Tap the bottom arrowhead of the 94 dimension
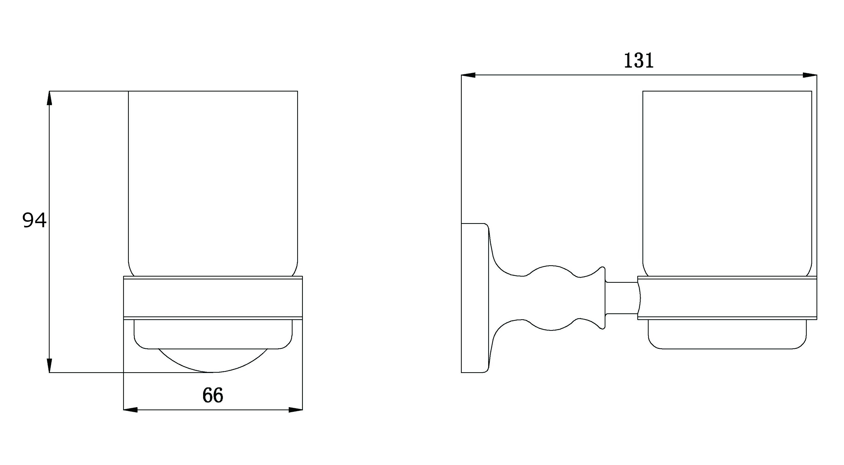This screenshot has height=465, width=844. pos(49,365)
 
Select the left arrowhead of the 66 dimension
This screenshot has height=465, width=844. pos(130,410)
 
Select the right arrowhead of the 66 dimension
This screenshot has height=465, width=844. pos(296,410)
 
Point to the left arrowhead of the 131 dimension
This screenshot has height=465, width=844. pos(468,75)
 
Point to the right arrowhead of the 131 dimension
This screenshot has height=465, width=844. pos(810,75)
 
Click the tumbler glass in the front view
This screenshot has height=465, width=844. pos(213,184)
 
